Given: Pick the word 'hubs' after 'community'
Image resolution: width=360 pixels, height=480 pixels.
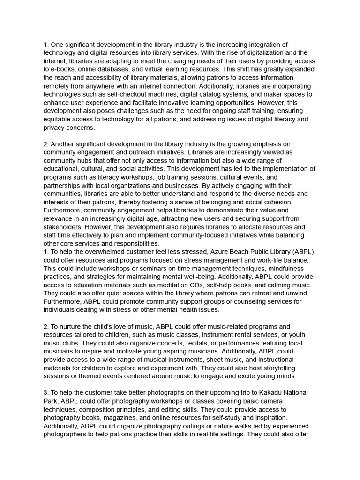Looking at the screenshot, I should pyautogui.click(x=83, y=161).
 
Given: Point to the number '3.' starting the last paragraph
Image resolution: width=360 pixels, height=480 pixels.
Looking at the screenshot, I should pyautogui.click(x=46, y=393).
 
